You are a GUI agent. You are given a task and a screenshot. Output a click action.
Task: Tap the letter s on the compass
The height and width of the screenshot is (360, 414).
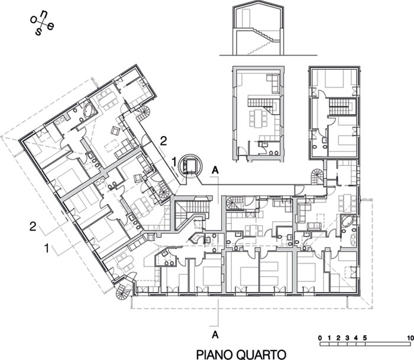click(x=39, y=32)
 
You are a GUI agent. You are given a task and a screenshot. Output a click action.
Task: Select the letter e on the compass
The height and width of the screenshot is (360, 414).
click(x=51, y=26)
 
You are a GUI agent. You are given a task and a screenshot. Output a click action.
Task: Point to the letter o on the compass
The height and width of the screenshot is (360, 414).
click(x=34, y=20)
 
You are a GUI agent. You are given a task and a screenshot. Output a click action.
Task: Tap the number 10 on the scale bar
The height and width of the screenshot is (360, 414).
click(x=410, y=338)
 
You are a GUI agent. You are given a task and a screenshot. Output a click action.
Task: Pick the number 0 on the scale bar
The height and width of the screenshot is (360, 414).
click(x=320, y=338)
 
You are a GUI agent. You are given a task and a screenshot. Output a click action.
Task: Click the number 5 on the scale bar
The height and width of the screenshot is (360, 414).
click(x=365, y=338)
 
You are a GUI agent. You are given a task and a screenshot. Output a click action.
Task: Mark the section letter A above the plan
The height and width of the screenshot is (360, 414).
click(x=215, y=171)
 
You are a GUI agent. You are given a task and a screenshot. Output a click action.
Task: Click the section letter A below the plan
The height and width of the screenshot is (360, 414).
click(x=215, y=335)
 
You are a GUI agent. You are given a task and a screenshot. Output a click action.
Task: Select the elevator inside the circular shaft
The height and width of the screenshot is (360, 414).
click(x=190, y=166)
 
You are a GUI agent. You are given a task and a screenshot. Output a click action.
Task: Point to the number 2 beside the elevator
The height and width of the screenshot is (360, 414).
click(x=163, y=142)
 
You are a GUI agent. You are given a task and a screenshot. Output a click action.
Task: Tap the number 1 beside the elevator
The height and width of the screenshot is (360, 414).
click(x=174, y=161)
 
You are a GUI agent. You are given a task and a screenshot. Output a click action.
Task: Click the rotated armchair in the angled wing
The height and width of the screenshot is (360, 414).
click(x=115, y=131)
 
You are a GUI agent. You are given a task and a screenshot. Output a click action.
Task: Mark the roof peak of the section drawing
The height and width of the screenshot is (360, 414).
click(x=258, y=1)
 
